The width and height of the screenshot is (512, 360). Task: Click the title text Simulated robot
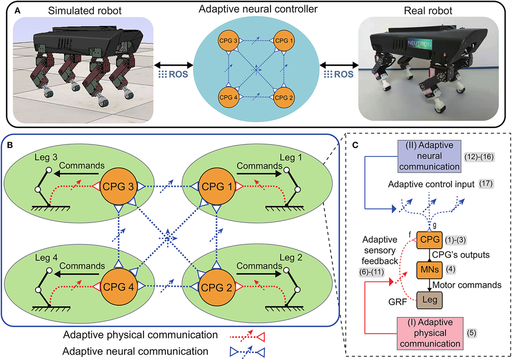(78, 9)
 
